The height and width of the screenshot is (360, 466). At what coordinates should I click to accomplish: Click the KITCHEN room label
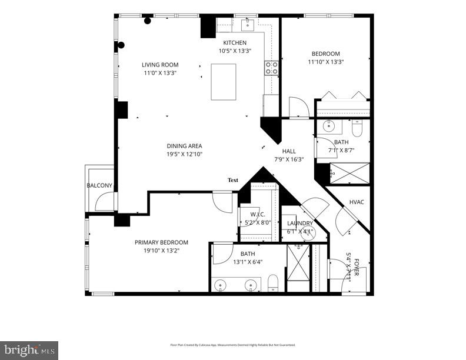(x=234, y=43)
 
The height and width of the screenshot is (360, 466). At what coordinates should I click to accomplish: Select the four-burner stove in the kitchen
(x=271, y=68)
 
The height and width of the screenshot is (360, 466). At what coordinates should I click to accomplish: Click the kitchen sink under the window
(x=248, y=24)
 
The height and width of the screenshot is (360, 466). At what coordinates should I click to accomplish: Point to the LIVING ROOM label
(x=160, y=65)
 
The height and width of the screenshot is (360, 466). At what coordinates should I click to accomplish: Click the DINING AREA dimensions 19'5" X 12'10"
(x=184, y=154)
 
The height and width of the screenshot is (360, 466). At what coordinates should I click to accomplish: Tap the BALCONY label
(x=99, y=186)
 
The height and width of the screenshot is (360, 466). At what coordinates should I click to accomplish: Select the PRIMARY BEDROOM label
(x=161, y=242)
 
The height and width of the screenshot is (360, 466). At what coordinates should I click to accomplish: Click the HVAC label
(x=357, y=202)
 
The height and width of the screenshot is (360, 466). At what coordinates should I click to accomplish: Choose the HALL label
(x=289, y=151)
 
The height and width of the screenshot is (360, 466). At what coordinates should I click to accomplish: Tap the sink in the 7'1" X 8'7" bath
(x=329, y=126)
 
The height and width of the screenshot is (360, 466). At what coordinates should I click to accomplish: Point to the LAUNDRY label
(x=299, y=224)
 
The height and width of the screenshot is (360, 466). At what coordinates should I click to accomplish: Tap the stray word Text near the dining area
(x=233, y=180)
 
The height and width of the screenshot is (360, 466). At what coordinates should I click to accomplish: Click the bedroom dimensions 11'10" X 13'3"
(x=325, y=62)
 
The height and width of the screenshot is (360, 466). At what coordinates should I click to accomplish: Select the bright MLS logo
(x=29, y=350)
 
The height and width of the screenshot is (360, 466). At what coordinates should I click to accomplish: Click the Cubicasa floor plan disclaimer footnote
(x=232, y=345)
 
